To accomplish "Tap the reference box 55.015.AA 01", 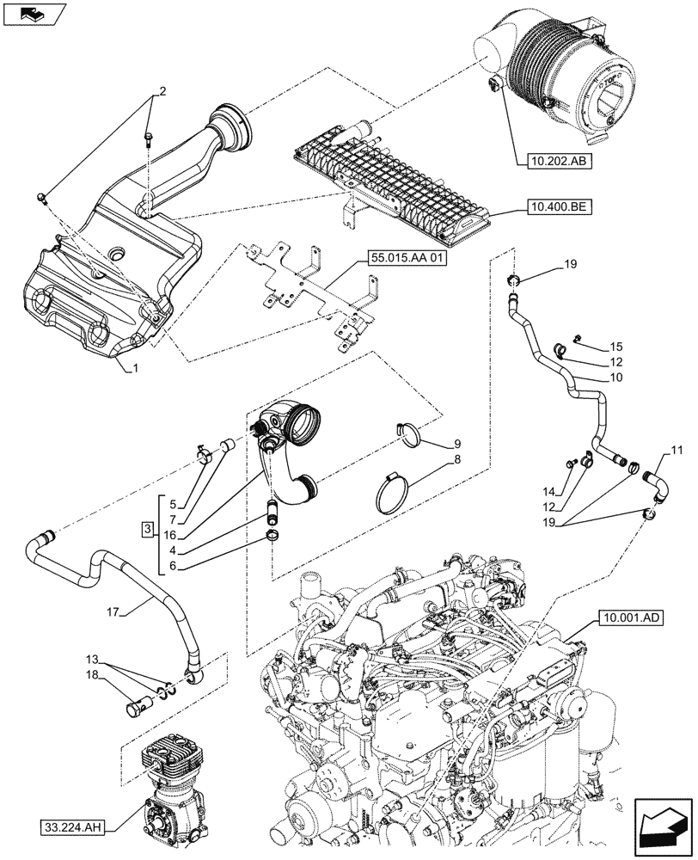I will (x=407, y=257).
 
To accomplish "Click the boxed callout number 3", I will (x=148, y=526).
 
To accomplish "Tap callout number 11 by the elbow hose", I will (x=677, y=450).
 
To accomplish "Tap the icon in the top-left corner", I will (x=33, y=13).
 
